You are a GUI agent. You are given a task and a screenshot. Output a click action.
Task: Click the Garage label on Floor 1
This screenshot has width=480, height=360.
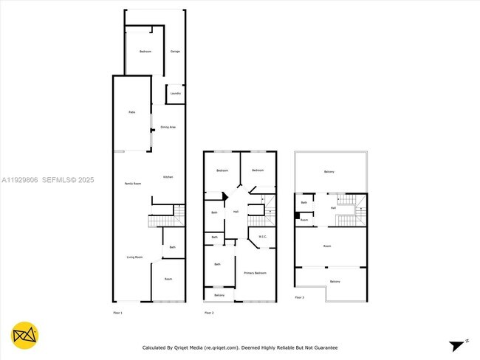coord(175,51)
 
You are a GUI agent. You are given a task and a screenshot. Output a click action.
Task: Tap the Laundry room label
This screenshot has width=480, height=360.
coord(175,93)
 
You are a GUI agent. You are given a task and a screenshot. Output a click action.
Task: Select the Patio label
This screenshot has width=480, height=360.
coord(131,112)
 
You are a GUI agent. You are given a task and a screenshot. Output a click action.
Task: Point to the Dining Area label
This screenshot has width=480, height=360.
coord(168,127)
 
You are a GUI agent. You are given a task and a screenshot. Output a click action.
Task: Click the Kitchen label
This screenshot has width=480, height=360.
coord(168,177)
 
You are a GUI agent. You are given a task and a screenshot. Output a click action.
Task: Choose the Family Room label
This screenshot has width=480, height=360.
coord(133,183)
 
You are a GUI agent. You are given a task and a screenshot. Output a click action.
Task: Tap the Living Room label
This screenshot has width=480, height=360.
coord(134,257)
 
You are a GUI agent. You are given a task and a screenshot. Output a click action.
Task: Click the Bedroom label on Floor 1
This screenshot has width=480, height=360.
coord(145,51)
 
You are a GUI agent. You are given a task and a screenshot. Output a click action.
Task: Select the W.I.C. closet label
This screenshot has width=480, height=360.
coord(262,237)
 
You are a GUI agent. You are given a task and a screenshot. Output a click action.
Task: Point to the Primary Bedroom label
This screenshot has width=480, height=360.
coord(255,273)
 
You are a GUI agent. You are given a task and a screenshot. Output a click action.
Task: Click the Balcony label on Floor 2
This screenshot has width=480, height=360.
coord(219,295)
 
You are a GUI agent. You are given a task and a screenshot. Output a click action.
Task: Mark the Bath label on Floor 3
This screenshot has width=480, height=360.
coord(304,202)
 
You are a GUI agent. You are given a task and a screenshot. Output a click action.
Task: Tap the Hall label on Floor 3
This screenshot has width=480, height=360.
coord(334,208)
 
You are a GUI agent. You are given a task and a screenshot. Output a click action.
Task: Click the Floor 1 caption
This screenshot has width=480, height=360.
coord(117,314)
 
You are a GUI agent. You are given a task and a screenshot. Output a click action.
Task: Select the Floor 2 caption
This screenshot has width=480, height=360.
coord(208,314)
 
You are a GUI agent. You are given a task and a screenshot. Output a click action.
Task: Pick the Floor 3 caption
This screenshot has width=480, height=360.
coord(299,297)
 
